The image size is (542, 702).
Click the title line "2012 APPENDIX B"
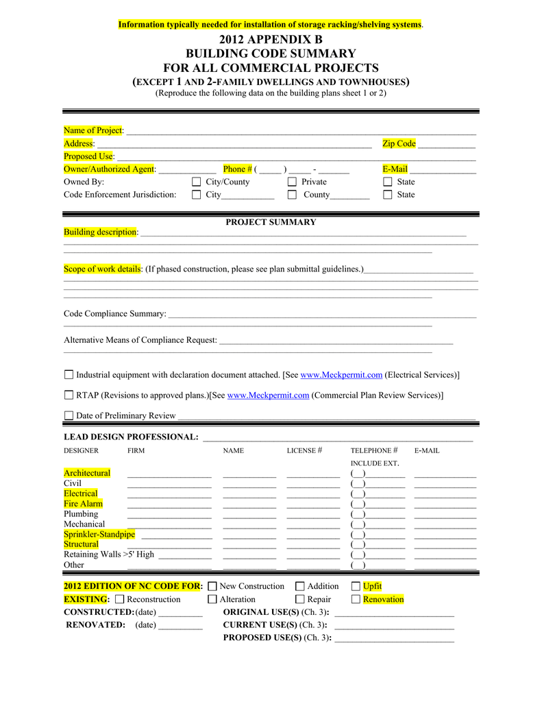click(x=271, y=40)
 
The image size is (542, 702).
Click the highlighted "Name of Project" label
click(x=93, y=130)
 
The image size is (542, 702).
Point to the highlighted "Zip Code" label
click(x=399, y=143)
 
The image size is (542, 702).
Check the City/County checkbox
click(x=197, y=182)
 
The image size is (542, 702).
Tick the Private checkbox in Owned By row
click(x=292, y=182)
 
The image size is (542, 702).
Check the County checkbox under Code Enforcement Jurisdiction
click(x=292, y=195)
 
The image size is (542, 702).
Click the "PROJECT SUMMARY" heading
click(x=271, y=222)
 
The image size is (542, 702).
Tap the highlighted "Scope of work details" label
click(x=102, y=269)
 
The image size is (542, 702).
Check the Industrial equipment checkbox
click(x=69, y=375)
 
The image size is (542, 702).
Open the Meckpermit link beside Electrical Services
click(x=341, y=375)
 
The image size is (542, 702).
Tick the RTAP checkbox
click(x=69, y=395)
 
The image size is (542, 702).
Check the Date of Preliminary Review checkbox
click(x=69, y=415)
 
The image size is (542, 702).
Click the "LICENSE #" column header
click(x=304, y=450)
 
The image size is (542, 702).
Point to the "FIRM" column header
click(x=136, y=451)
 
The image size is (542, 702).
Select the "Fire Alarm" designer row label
click(x=83, y=504)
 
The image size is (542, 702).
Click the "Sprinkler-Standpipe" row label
click(x=99, y=534)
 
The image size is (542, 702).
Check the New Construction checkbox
click(x=212, y=586)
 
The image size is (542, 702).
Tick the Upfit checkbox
click(x=356, y=586)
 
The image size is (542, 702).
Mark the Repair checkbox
click(x=299, y=599)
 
